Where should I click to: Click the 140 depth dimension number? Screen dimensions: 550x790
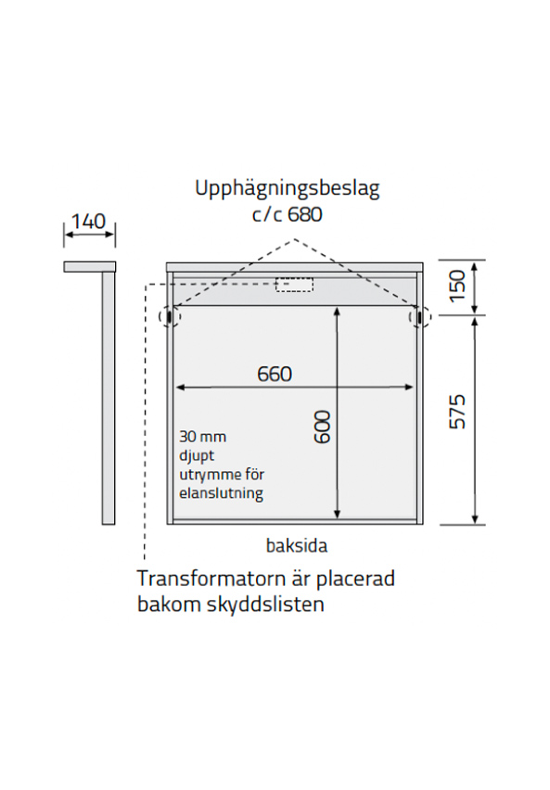coord(89,222)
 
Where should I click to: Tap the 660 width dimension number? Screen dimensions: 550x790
coord(275,375)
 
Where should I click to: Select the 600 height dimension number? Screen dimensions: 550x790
coord(322,427)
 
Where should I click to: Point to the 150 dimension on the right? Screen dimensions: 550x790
coord(457,287)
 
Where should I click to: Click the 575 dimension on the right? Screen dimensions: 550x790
coord(457,412)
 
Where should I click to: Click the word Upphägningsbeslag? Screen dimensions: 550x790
coord(288,189)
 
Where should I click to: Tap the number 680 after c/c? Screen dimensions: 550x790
coord(305,215)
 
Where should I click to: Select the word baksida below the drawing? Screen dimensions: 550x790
coord(297,545)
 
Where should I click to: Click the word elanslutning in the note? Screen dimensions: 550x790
coord(222,492)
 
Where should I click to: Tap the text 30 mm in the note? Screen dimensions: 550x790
coord(203,437)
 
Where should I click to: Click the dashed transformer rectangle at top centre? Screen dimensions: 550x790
coord(294,284)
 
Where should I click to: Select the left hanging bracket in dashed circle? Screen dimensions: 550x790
coord(169,316)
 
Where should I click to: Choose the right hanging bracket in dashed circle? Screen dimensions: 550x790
coord(420,316)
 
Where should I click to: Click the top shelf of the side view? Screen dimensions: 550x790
coord(90,266)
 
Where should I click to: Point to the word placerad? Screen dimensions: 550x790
coord(355,580)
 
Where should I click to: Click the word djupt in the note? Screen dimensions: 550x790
coord(197,456)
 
